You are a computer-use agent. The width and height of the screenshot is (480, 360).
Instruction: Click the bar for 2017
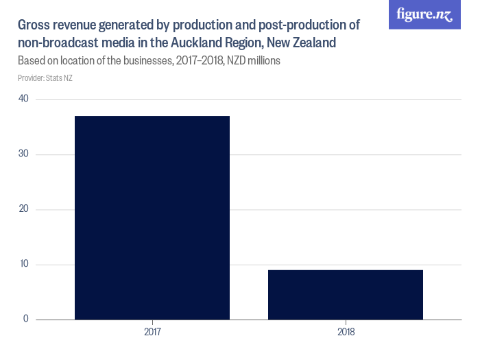pyautogui.click(x=152, y=217)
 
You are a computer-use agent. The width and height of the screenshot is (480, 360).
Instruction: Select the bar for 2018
pyautogui.click(x=346, y=294)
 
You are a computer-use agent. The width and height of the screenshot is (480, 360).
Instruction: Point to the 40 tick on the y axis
pyautogui.click(x=24, y=99)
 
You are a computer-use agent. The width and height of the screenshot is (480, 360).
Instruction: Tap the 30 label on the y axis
pyautogui.click(x=24, y=154)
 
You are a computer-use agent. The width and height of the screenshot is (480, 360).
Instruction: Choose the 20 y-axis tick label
pyautogui.click(x=24, y=209)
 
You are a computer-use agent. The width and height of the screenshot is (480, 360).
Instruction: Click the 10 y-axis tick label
pyautogui.click(x=24, y=265)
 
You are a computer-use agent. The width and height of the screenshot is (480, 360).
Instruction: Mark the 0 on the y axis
pyautogui.click(x=26, y=319)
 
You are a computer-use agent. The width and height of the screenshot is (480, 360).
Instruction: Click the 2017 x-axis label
pyautogui.click(x=152, y=333)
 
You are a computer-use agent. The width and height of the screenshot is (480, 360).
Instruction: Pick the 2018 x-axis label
pyautogui.click(x=346, y=333)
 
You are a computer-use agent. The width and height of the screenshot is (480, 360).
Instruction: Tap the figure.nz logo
pyautogui.click(x=424, y=14)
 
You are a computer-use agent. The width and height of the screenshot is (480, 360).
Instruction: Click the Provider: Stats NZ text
pyautogui.click(x=45, y=78)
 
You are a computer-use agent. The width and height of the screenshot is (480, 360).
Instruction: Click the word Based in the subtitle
pyautogui.click(x=32, y=61)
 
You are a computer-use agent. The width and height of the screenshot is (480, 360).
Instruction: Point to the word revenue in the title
pyautogui.click(x=82, y=26)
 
